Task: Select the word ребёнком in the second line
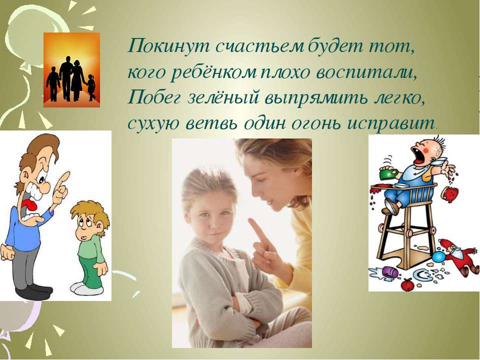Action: [213, 73]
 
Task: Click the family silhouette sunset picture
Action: [71, 70]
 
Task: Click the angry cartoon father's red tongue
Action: [29, 205]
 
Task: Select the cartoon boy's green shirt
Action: [91, 247]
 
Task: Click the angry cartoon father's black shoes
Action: [33, 292]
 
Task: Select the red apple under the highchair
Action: [407, 284]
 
